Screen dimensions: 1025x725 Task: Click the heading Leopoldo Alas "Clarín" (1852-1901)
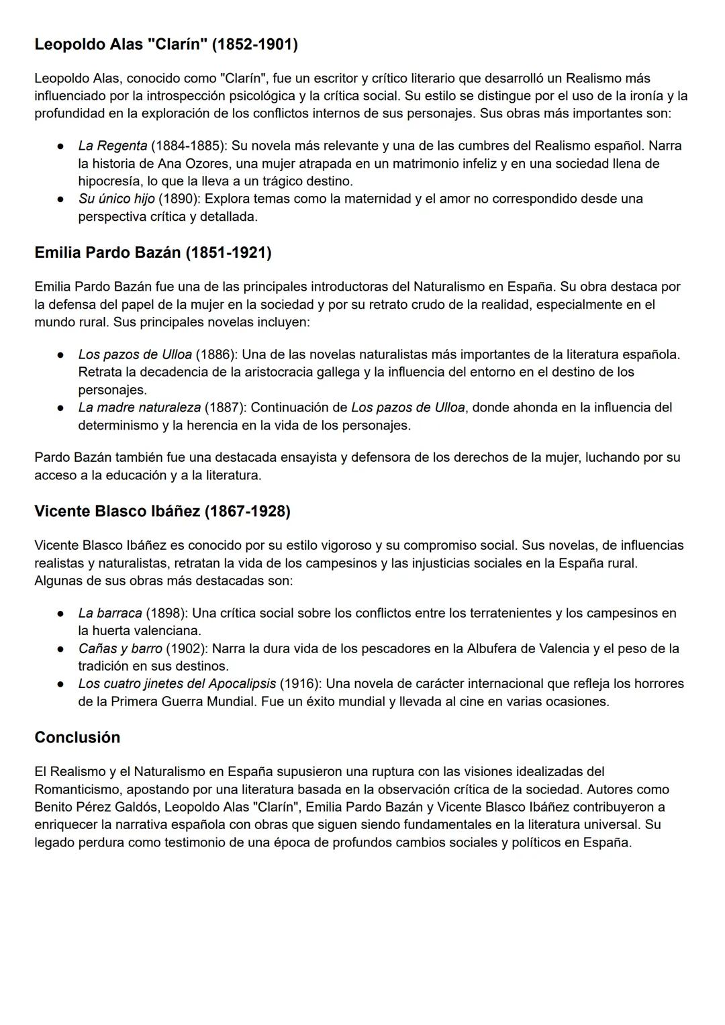click(x=166, y=44)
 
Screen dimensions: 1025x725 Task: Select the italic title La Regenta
click(x=112, y=146)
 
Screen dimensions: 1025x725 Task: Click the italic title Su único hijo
click(x=116, y=199)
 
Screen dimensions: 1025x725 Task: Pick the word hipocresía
click(x=110, y=181)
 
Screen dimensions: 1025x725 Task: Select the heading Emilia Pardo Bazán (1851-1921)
click(x=152, y=252)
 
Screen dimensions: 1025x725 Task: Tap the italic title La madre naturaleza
click(x=139, y=407)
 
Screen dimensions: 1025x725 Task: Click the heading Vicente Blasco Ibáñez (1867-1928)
click(x=162, y=511)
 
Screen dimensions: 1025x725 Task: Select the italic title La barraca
click(x=110, y=613)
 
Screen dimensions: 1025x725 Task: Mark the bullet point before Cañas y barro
click(x=60, y=649)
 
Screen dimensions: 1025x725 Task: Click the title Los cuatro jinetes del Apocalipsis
click(x=177, y=683)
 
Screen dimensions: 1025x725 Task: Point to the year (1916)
click(x=300, y=683)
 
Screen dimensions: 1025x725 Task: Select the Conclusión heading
click(x=77, y=737)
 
